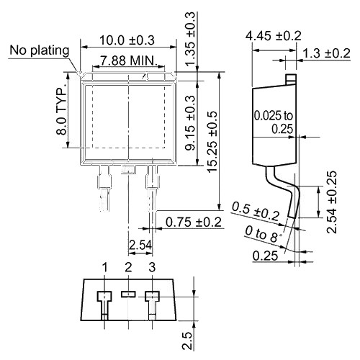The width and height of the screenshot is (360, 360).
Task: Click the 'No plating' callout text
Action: [x=40, y=50]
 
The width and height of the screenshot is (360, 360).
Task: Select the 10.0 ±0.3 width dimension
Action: [x=127, y=40]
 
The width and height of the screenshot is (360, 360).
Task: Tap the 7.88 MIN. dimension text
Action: [x=127, y=60]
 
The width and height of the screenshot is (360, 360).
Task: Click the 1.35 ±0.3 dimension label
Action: [x=190, y=38]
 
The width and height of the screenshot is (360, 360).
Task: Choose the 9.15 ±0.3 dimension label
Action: [x=191, y=122]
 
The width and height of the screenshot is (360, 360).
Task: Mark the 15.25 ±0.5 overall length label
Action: [x=212, y=142]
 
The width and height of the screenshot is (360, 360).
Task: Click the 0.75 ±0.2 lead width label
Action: [x=194, y=222]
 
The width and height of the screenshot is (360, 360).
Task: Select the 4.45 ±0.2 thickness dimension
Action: [x=273, y=36]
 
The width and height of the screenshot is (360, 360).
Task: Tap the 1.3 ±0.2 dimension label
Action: [x=327, y=53]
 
